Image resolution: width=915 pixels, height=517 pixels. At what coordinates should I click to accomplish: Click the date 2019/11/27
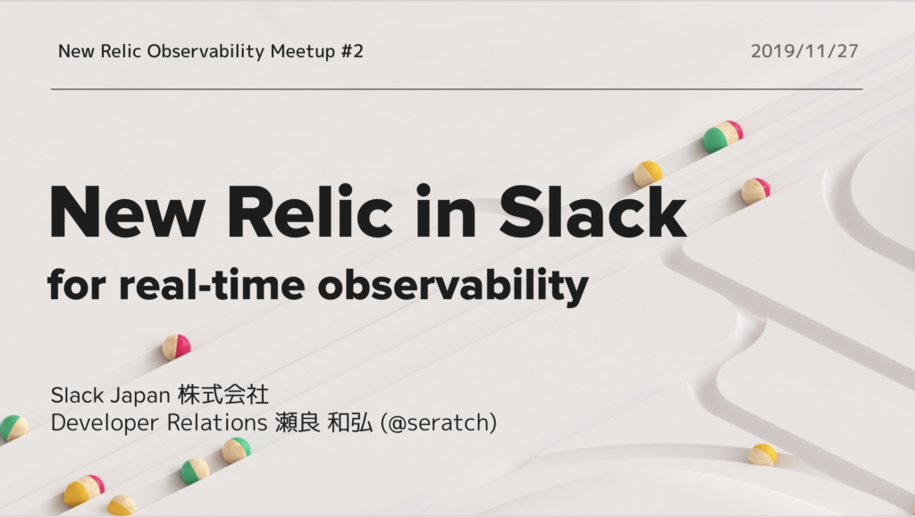[x=804, y=51]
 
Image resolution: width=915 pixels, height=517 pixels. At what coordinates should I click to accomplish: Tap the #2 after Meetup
[x=352, y=51]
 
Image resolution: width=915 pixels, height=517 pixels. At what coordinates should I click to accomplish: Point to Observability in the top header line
[x=206, y=51]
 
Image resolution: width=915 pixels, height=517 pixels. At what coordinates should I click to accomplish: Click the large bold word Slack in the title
[x=592, y=211]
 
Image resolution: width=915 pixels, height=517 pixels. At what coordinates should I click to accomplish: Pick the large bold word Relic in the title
[x=310, y=211]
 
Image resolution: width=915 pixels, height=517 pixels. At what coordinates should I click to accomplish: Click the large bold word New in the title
[x=128, y=213]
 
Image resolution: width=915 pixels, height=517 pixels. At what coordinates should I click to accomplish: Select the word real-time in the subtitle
[x=212, y=285]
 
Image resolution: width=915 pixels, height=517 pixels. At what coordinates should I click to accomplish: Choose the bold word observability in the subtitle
[x=453, y=287]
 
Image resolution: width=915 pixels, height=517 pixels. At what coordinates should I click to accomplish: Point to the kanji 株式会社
[x=222, y=395]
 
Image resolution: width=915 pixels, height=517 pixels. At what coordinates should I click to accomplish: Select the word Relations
[x=217, y=422]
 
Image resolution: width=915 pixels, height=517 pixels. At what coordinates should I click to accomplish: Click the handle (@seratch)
[x=438, y=422]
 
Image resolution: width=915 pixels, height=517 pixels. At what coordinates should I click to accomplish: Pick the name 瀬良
[x=297, y=422]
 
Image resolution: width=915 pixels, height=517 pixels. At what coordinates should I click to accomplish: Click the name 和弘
[x=349, y=422]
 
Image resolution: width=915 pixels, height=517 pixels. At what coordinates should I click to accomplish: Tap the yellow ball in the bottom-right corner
[x=762, y=455]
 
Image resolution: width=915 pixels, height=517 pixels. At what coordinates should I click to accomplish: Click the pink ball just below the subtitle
[x=176, y=346]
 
